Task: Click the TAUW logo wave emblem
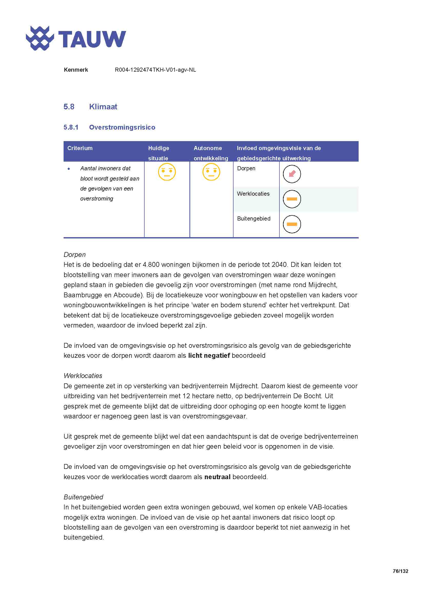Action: pyautogui.click(x=40, y=38)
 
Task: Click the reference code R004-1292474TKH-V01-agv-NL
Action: pyautogui.click(x=155, y=70)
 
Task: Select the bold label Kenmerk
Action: pyautogui.click(x=76, y=70)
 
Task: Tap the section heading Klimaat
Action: pyautogui.click(x=103, y=107)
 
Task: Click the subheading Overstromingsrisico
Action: pyautogui.click(x=122, y=127)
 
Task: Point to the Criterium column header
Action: pyautogui.click(x=80, y=148)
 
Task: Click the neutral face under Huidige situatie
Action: pyautogui.click(x=167, y=172)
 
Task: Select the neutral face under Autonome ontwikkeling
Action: pyautogui.click(x=211, y=172)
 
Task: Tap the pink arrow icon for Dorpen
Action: pyautogui.click(x=292, y=174)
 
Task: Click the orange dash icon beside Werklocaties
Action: pyautogui.click(x=292, y=199)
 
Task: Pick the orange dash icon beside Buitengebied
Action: pyautogui.click(x=292, y=224)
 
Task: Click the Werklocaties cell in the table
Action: pyautogui.click(x=253, y=194)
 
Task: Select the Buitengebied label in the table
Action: pyautogui.click(x=254, y=219)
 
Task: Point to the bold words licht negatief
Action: pyautogui.click(x=209, y=356)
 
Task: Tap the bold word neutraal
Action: pyautogui.click(x=217, y=477)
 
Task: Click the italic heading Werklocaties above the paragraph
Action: pyautogui.click(x=83, y=376)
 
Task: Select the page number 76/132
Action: pyautogui.click(x=400, y=571)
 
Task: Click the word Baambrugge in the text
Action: pyautogui.click(x=81, y=295)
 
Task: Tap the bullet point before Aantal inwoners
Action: pyautogui.click(x=69, y=169)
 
